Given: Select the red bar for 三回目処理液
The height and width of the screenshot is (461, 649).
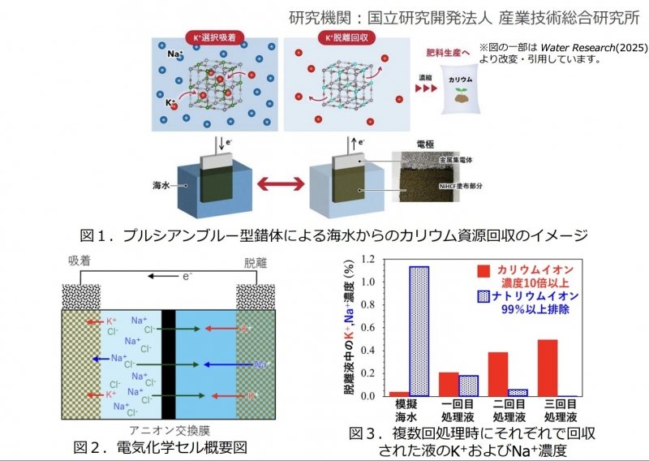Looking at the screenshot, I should click(x=548, y=368).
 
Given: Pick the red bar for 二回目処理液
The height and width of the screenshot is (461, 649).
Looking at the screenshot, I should click(x=498, y=374).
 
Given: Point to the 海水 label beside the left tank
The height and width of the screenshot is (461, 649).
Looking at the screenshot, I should click(x=161, y=185).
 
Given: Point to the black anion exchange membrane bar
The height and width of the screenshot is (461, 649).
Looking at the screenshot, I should click(x=169, y=364).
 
